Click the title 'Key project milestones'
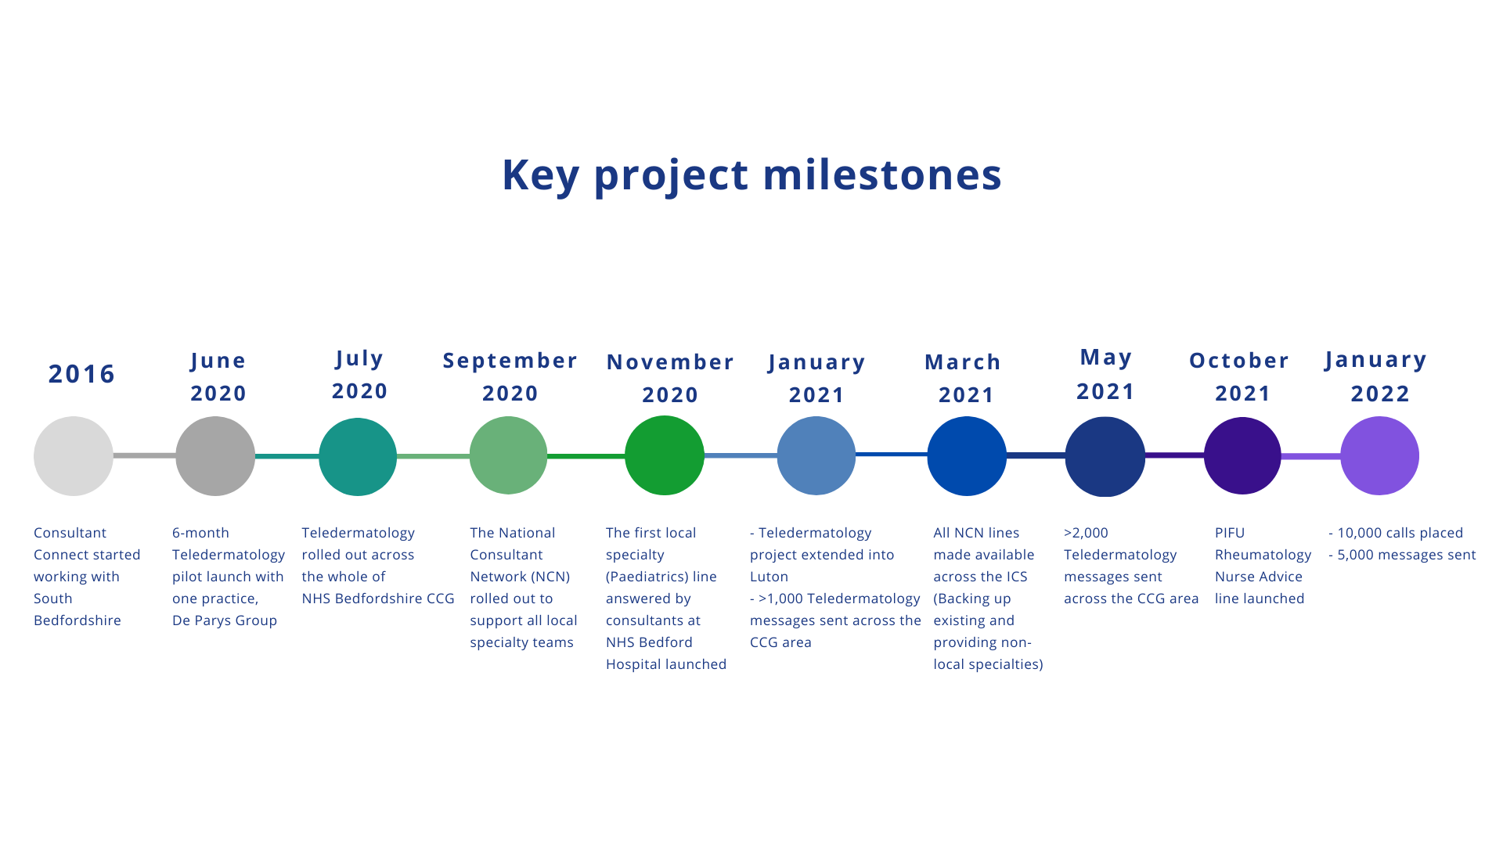751,174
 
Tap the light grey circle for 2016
74,456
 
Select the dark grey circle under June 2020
215,456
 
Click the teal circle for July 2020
358,457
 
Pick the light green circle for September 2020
508,455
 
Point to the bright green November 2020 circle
665,455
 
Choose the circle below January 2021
816,455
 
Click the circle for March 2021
967,456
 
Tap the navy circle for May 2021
1105,457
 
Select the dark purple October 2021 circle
1242,455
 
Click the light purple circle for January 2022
1380,455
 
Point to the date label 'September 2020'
510,376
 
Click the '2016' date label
82,374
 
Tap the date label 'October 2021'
1240,376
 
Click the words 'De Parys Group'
225,620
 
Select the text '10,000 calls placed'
1400,533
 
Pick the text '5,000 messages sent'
1407,555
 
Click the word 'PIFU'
1230,533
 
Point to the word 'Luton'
770,577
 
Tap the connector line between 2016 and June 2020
145,455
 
